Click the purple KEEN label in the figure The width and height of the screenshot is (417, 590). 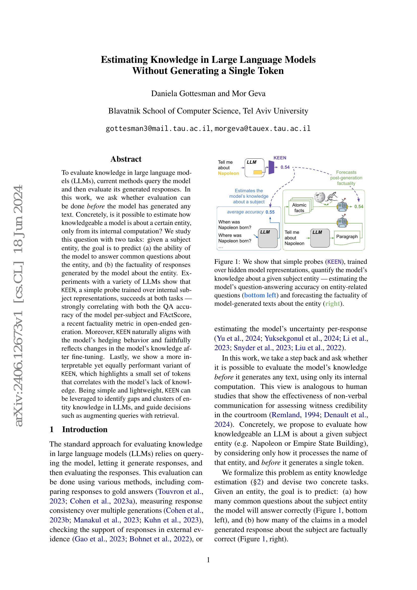(x=280, y=158)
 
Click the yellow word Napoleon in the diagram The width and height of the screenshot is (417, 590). (x=228, y=173)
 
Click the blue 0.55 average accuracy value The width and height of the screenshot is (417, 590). (x=270, y=212)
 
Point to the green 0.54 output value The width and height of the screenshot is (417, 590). (x=359, y=207)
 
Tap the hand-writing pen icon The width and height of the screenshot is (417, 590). (x=332, y=196)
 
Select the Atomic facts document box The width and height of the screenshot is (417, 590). (x=299, y=208)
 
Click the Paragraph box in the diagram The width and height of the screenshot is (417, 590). (x=347, y=237)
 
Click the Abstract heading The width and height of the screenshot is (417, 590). (x=126, y=159)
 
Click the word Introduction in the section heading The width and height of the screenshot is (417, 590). (x=85, y=429)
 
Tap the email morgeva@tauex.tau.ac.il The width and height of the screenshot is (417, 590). (x=262, y=128)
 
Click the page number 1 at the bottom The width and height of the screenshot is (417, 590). (x=208, y=560)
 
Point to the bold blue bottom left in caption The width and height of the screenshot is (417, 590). (x=260, y=295)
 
